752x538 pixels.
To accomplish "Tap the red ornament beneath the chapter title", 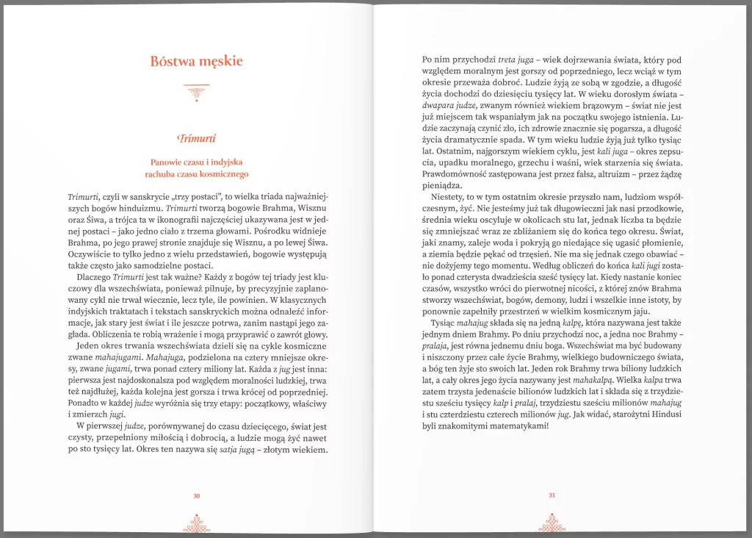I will pyautogui.click(x=196, y=91).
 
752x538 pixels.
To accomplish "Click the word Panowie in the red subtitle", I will pyautogui.click(x=170, y=161).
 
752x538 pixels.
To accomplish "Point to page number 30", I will pyautogui.click(x=196, y=496).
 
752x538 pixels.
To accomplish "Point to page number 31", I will pyautogui.click(x=552, y=495).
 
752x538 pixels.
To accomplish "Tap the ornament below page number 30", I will pyautogui.click(x=196, y=523).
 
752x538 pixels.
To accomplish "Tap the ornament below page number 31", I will pyautogui.click(x=552, y=522).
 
